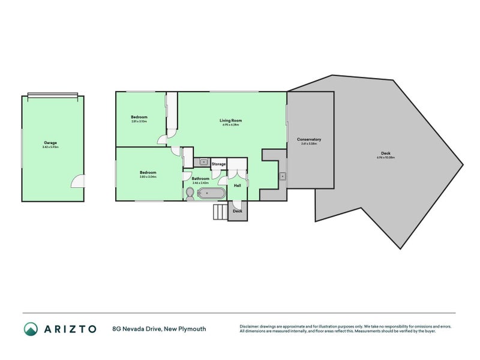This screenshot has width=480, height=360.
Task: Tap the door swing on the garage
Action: [77, 180]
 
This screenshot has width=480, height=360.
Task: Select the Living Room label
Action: [230, 121]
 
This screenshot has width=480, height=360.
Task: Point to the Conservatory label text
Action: [309, 139]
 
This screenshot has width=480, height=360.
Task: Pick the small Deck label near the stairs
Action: [237, 211]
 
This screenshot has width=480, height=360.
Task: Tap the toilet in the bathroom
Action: [190, 193]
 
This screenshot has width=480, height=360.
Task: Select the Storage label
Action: [218, 164]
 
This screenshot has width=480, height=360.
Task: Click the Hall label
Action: [237, 186]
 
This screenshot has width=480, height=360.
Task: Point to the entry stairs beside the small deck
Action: [220, 212]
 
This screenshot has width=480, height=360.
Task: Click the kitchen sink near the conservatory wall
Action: [281, 176]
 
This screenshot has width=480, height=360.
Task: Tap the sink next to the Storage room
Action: [203, 162]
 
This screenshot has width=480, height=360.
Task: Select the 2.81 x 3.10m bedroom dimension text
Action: [139, 121]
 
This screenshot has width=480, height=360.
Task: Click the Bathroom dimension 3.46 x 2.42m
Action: [200, 182]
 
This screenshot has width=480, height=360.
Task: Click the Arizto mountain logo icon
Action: [31, 329]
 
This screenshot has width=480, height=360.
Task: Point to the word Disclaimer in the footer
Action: [250, 326]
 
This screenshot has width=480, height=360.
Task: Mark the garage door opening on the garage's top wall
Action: [52, 94]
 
